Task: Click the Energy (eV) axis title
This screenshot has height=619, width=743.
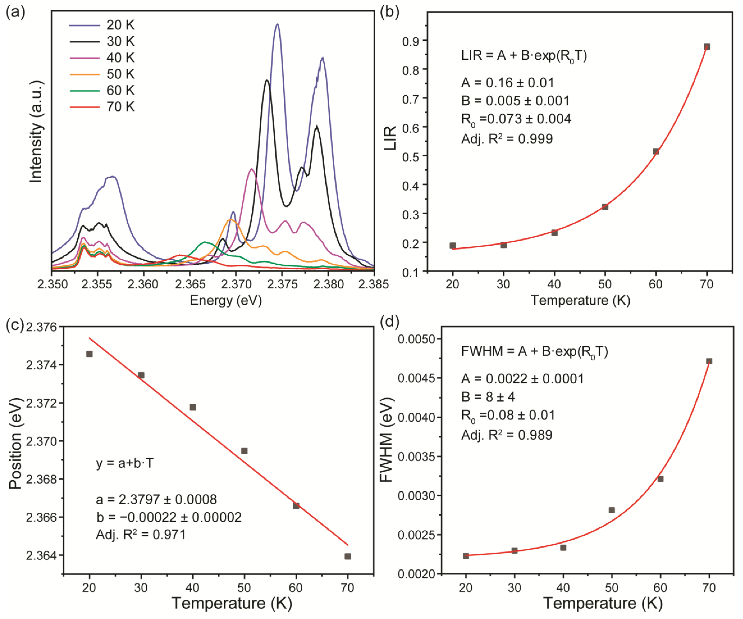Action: point(226,301)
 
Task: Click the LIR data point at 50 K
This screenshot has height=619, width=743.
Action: point(605,207)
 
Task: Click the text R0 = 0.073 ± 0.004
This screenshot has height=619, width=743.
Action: point(516,119)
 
